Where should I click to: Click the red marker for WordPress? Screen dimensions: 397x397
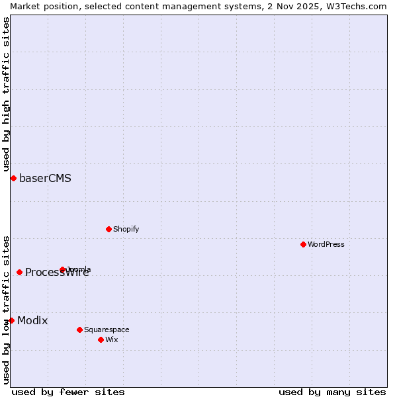pos(304,244)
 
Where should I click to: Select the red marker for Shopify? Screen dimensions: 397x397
pos(109,229)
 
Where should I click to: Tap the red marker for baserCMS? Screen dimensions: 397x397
pos(13,178)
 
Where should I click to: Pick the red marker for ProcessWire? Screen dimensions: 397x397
pos(20,272)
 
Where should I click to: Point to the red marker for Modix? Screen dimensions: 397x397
pos(11,320)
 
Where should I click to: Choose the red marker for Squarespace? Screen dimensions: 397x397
pos(80,330)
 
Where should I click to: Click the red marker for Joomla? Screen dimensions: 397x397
pos(63,269)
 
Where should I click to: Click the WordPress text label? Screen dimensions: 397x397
pos(326,244)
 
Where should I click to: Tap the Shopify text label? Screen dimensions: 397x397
pos(126,229)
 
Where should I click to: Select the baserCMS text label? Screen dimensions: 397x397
pos(45,178)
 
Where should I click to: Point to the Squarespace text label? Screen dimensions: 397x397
pos(107,330)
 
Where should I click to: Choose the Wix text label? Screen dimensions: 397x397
pos(111,339)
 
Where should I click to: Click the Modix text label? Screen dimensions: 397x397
pos(32,320)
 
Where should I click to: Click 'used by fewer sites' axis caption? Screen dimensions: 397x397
pos(68,392)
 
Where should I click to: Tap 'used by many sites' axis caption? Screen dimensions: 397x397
pos(332,392)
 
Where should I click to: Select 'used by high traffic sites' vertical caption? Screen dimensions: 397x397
pos(6,95)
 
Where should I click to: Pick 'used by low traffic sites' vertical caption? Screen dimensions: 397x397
pos(6,310)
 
